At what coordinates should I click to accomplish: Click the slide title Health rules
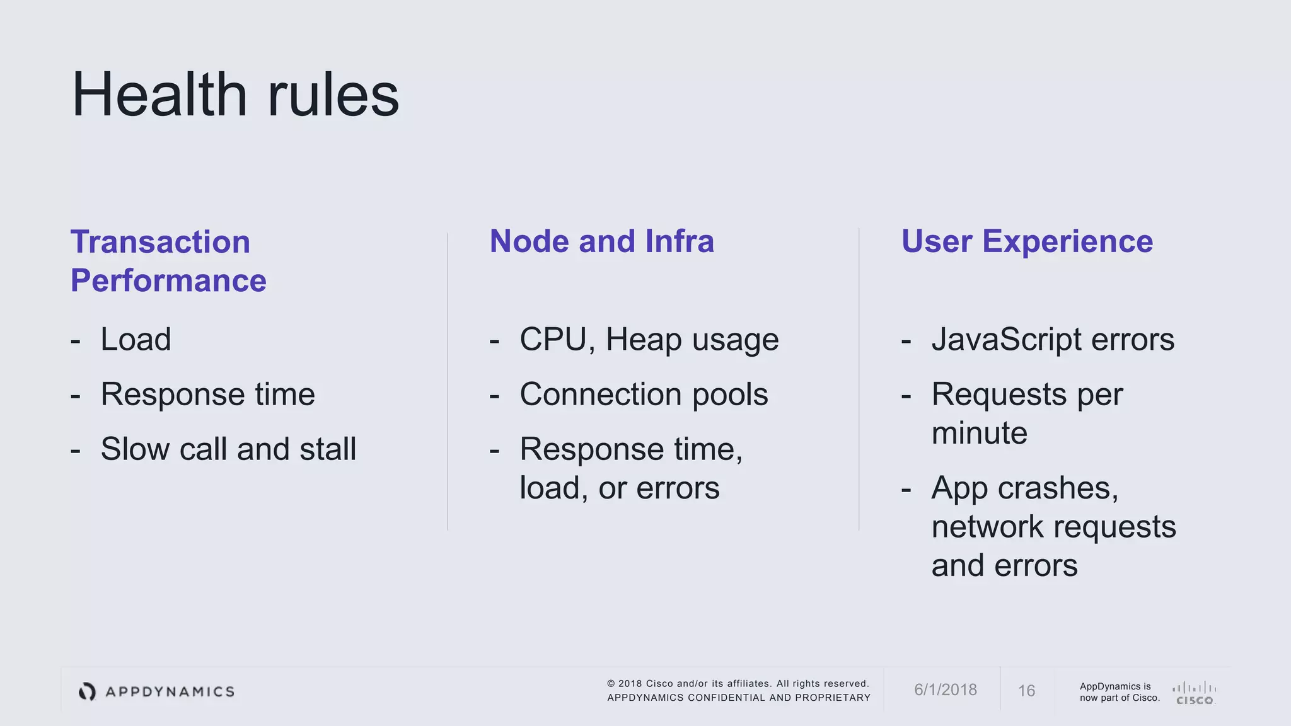point(235,95)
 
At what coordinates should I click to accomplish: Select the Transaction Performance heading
point(168,261)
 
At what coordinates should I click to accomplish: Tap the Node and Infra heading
point(601,241)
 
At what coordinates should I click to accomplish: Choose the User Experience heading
point(1027,241)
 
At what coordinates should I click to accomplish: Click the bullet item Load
point(136,340)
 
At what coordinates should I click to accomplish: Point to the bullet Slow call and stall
point(228,449)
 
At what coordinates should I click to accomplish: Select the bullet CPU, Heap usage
point(649,340)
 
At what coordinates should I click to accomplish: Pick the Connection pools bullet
point(644,395)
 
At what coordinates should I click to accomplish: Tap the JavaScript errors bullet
point(1053,340)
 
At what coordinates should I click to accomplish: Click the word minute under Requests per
point(979,434)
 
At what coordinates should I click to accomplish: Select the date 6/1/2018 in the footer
point(945,690)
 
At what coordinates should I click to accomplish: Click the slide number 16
point(1026,691)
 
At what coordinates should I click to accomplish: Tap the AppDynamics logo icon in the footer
point(87,691)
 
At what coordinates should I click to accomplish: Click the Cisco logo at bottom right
point(1194,693)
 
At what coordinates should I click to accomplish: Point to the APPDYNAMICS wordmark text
point(170,692)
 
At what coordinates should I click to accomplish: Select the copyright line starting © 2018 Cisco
point(738,684)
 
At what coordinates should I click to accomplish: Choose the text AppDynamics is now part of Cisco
point(1119,692)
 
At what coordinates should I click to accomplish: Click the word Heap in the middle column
point(643,340)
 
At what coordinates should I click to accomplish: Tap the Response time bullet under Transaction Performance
point(207,395)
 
